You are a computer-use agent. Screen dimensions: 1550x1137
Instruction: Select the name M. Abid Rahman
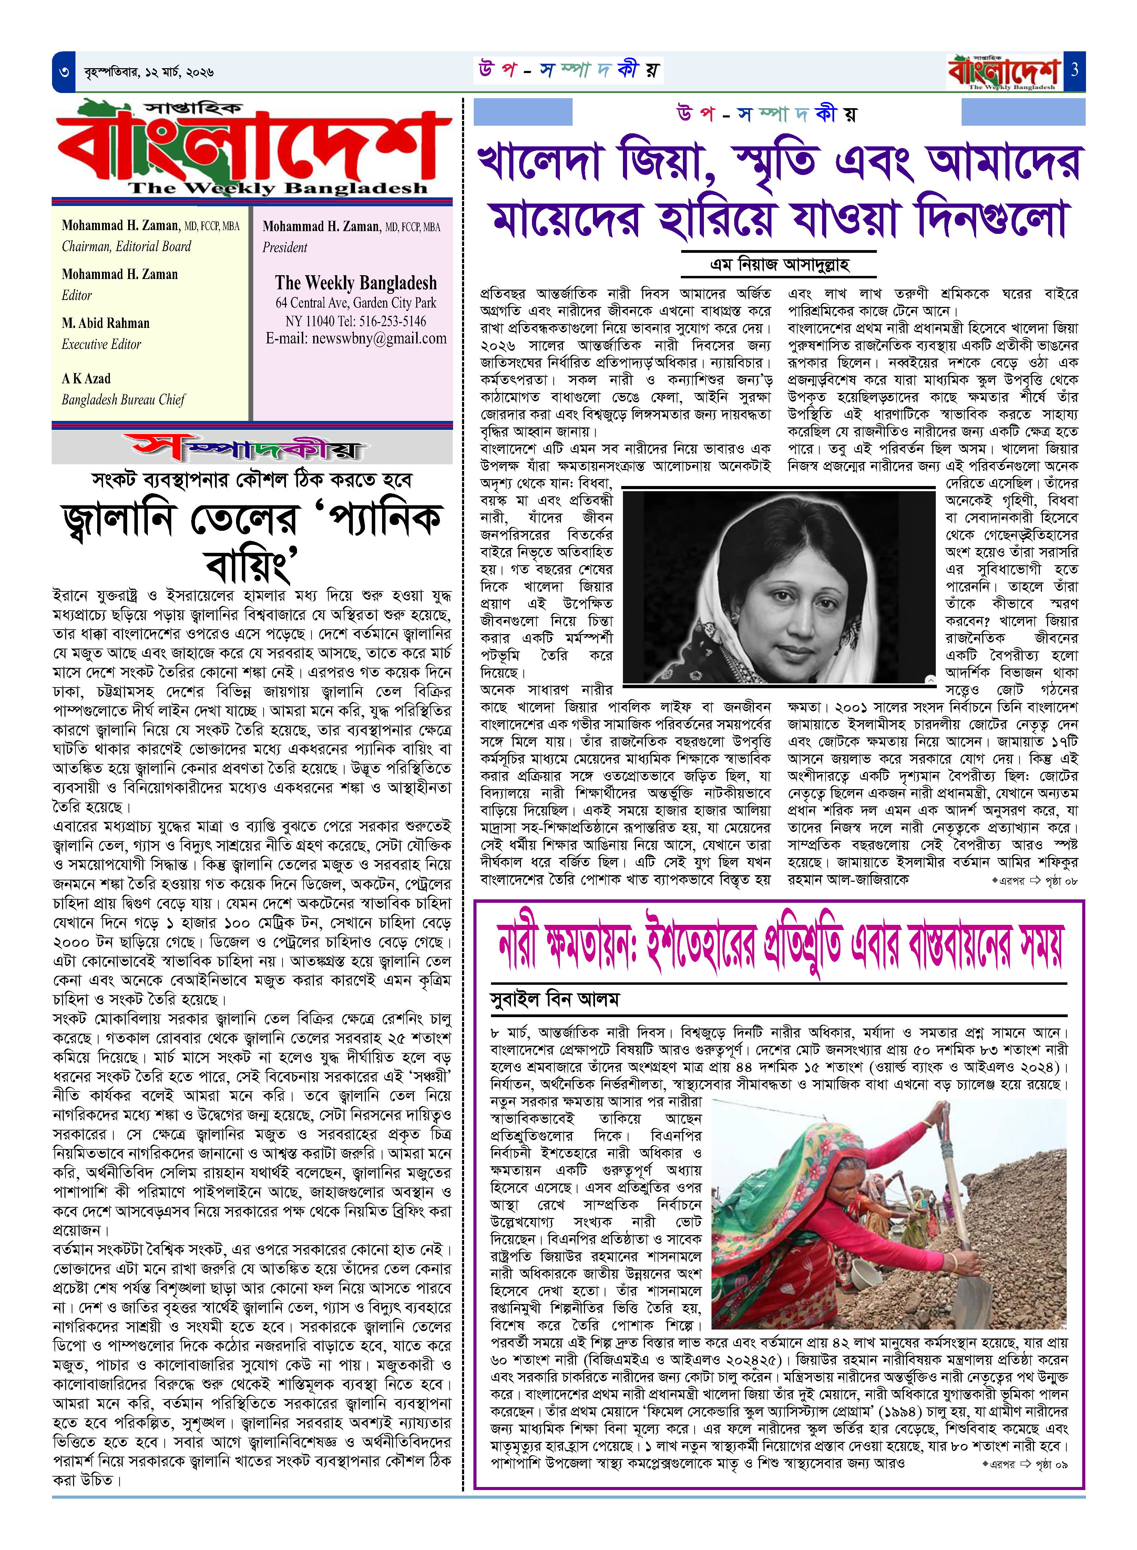pyautogui.click(x=105, y=323)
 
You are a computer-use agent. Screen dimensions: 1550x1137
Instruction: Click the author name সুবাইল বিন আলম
pyautogui.click(x=555, y=999)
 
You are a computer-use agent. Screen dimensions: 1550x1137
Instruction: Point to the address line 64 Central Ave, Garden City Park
pyautogui.click(x=356, y=303)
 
